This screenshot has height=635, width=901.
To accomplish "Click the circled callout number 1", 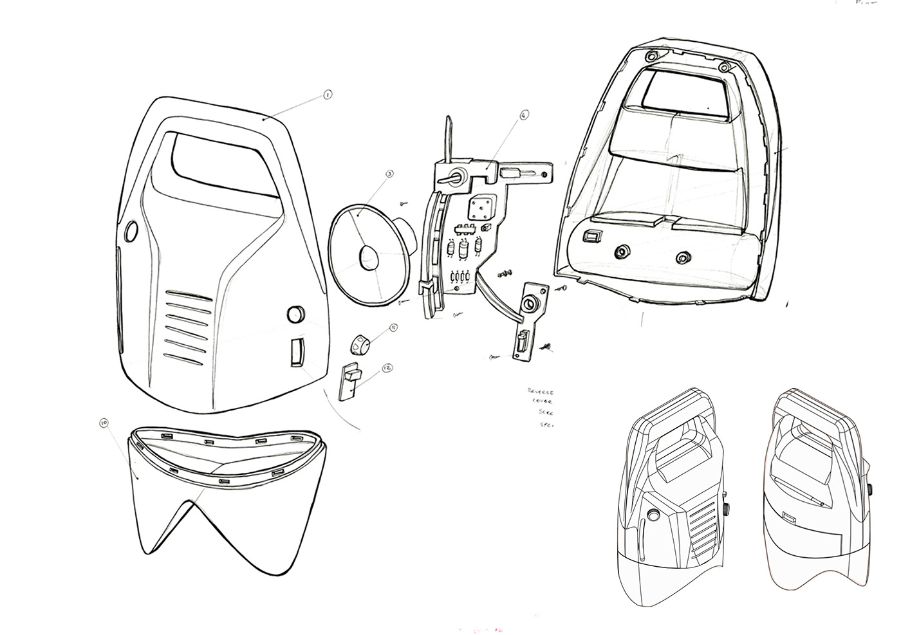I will pos(327,95).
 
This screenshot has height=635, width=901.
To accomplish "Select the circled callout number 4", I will pos(523,115).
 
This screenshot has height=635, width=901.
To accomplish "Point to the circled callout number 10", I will pos(104,423).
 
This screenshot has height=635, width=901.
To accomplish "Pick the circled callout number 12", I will pos(387,367).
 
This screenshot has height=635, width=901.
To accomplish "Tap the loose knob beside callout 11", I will pos(360,345).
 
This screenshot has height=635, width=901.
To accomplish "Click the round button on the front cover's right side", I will pos(295,315).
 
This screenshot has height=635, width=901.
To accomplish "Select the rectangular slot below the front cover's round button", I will pos(296,352).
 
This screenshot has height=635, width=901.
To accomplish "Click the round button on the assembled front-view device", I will pos(655,514).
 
